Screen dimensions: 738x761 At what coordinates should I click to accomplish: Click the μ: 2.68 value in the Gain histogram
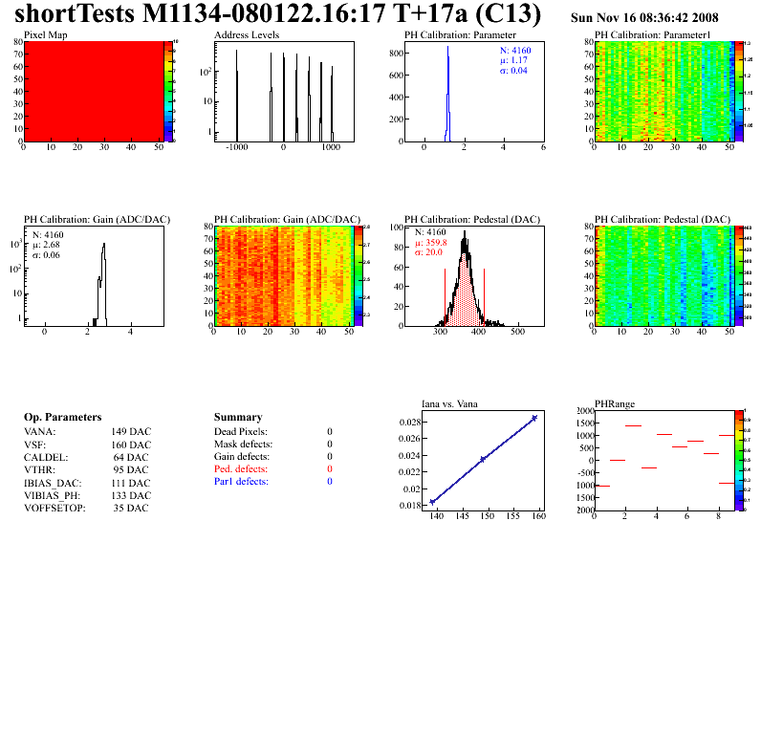(49, 245)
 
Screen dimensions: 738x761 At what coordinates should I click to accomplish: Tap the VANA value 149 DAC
(131, 432)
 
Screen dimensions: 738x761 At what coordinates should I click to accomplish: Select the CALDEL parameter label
(44, 458)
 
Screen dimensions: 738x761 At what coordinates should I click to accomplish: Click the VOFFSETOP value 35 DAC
(131, 509)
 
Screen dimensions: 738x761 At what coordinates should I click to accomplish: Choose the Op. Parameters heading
(62, 418)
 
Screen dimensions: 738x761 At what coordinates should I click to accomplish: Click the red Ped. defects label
(241, 469)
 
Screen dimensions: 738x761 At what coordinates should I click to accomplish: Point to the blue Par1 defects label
(241, 482)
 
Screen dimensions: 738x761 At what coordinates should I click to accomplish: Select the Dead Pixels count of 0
(330, 432)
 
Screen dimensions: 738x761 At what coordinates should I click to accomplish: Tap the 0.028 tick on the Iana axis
(410, 422)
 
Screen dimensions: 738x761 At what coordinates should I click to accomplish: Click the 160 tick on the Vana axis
(538, 516)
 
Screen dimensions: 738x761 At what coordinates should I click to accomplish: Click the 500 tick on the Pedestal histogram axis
(518, 332)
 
